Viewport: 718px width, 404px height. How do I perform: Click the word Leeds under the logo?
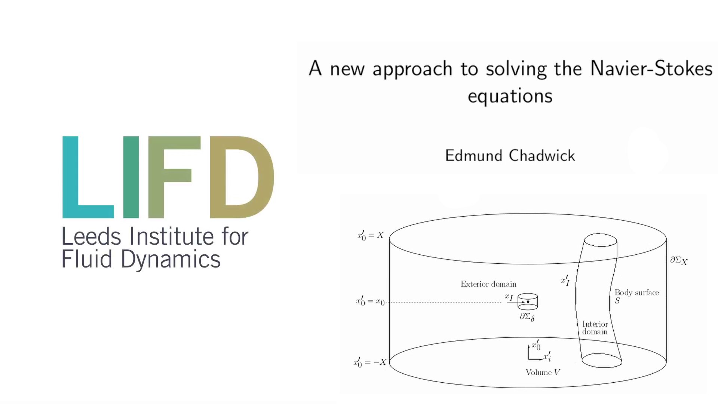(x=91, y=236)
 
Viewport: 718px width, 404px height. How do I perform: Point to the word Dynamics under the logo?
(x=171, y=259)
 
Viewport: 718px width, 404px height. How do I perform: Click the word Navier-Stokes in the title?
(x=651, y=69)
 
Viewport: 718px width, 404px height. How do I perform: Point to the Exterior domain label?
(x=488, y=284)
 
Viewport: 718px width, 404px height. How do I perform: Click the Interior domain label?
(x=595, y=328)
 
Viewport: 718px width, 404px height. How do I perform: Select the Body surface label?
(x=636, y=293)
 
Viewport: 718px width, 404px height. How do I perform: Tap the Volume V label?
(x=543, y=372)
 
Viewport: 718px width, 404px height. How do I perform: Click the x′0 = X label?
(x=370, y=235)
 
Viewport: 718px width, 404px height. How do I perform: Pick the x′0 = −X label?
(x=369, y=362)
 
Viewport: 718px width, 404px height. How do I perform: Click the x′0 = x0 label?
(x=370, y=301)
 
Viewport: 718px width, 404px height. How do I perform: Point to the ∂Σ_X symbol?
(x=678, y=260)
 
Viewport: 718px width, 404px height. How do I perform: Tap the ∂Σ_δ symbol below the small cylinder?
(x=527, y=317)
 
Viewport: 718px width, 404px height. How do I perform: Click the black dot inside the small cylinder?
(x=528, y=302)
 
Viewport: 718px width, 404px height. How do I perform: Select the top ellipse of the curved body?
(x=601, y=240)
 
